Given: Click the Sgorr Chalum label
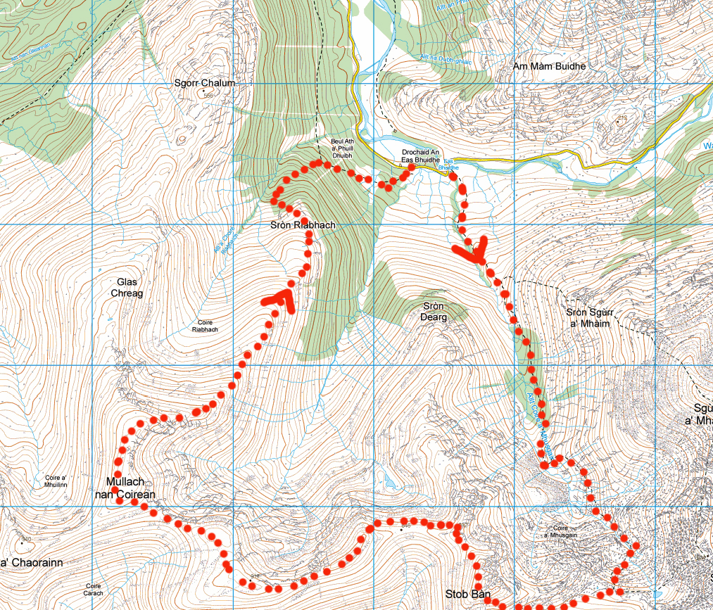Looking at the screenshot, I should pyautogui.click(x=204, y=83).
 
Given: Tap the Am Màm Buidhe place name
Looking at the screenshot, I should pyautogui.click(x=550, y=66).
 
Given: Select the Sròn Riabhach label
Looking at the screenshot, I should pyautogui.click(x=303, y=225).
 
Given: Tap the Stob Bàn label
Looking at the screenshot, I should pyautogui.click(x=467, y=595).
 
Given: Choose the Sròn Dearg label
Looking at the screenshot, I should pyautogui.click(x=435, y=311).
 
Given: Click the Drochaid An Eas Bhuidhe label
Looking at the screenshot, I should pyautogui.click(x=420, y=156).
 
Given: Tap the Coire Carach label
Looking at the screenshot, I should pyautogui.click(x=94, y=589).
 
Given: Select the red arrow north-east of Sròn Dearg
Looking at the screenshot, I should pyautogui.click(x=472, y=251).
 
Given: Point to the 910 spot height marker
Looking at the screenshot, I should pyautogui.click(x=27, y=540).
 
